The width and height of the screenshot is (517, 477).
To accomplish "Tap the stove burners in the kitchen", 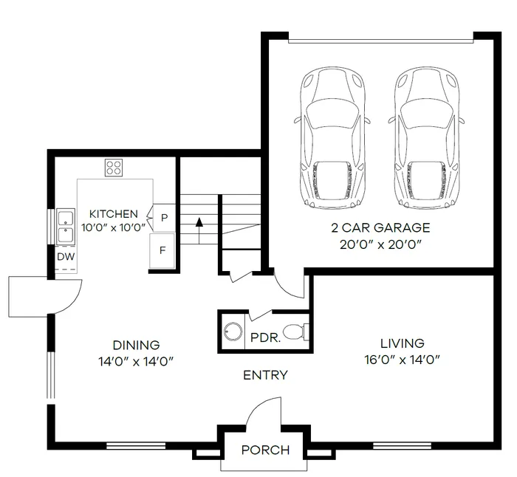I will tap(114, 168).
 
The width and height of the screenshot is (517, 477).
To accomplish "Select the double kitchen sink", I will tap(65, 227).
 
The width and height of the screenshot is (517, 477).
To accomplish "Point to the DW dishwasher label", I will tap(65, 257).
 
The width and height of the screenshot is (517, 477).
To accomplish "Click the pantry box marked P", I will tap(164, 217).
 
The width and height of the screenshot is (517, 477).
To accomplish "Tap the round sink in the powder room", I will tap(233, 332).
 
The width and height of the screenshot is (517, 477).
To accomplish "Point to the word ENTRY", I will tap(265, 375).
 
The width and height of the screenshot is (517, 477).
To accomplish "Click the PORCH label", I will tap(265, 450).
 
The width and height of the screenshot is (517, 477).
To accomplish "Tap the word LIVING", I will tap(402, 343).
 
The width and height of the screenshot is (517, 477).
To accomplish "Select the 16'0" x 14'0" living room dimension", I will tap(402, 360).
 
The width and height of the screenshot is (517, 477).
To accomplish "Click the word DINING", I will tap(136, 345).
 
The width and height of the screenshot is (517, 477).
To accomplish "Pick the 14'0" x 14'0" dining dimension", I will tap(136, 362).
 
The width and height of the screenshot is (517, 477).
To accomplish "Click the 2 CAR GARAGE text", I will tap(381, 227).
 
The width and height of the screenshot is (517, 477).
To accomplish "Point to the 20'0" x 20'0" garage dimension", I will tap(381, 244).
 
